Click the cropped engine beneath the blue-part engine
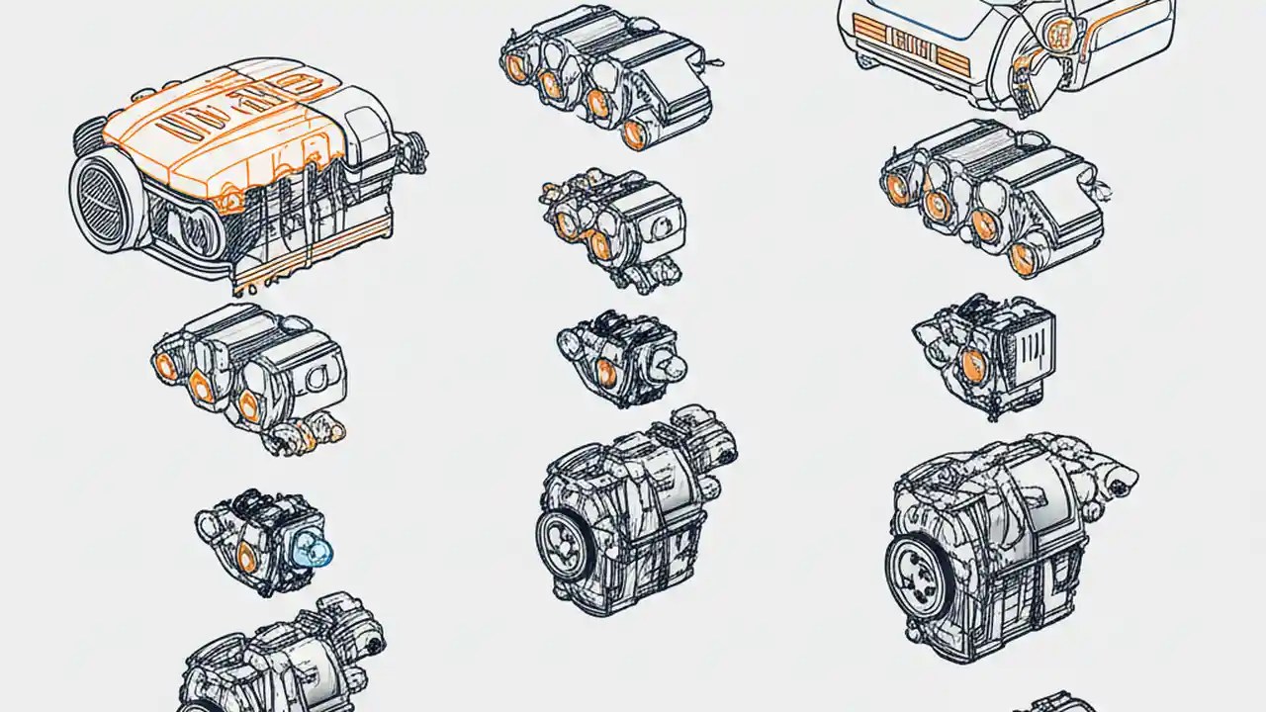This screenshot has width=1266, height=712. (x=282, y=658)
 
